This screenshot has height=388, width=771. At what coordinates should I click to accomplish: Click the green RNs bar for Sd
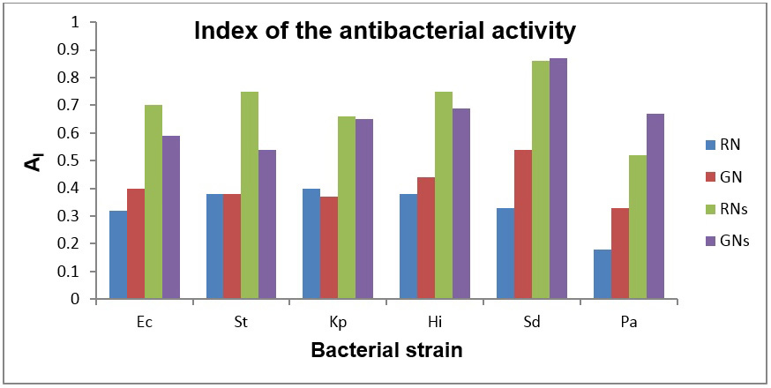tap(541, 180)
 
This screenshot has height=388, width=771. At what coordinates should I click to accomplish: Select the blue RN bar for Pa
tap(603, 274)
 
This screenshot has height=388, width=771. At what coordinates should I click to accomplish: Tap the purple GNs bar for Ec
tap(171, 217)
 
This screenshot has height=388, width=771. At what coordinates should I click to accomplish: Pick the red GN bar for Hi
tap(426, 238)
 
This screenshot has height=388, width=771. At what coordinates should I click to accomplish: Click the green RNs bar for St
tap(250, 195)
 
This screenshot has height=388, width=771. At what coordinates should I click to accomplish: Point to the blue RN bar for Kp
tap(311, 243)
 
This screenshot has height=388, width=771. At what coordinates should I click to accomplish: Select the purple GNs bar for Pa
tap(655, 206)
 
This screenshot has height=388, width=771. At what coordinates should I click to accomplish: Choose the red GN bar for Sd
tap(523, 224)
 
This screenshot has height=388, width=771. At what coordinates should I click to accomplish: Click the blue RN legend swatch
tap(710, 145)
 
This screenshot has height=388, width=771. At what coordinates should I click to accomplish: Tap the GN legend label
tap(733, 177)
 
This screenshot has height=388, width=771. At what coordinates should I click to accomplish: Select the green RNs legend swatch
tap(710, 210)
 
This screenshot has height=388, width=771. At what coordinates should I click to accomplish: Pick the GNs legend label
tap(736, 242)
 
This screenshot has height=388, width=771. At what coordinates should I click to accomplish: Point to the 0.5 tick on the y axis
tap(92, 160)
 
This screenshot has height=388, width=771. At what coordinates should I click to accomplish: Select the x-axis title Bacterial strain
tap(387, 351)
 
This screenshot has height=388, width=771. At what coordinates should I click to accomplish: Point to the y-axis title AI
tap(34, 160)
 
